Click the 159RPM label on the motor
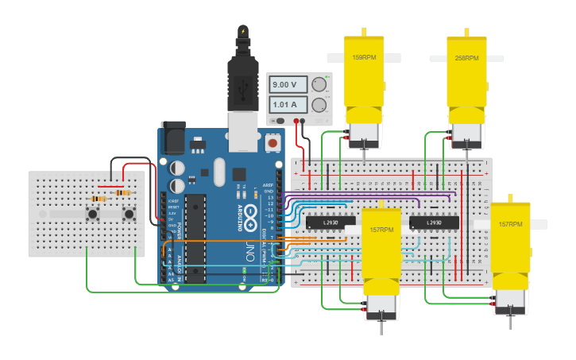(x=364, y=58)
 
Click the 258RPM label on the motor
(x=466, y=58)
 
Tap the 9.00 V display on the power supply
(x=285, y=84)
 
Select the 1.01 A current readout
(x=285, y=104)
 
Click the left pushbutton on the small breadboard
(x=93, y=214)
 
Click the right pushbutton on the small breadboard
(x=129, y=214)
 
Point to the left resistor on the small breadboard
(x=99, y=198)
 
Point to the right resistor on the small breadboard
(x=123, y=192)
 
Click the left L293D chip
(x=331, y=222)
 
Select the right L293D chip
(x=435, y=222)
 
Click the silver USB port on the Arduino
(x=244, y=131)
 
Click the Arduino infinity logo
(x=250, y=214)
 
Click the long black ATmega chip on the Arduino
(x=195, y=238)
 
